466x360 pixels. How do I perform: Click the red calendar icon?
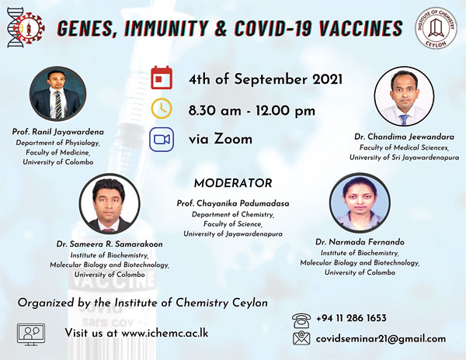point(162,78)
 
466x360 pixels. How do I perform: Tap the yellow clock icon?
point(162,109)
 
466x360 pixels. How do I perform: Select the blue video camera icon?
point(162,139)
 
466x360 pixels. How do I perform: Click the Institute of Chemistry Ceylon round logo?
point(436,28)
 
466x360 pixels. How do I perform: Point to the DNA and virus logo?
point(26,28)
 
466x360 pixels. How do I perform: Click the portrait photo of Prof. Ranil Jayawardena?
point(57,93)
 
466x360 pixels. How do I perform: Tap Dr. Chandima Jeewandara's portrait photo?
point(404,95)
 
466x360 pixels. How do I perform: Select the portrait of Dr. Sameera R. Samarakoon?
point(110,204)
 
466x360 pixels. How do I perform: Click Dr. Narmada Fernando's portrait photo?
point(360,202)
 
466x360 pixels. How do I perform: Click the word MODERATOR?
point(233,183)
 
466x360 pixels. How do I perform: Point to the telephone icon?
point(301,320)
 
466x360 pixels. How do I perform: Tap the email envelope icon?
point(301,338)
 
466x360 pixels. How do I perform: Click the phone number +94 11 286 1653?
point(351,318)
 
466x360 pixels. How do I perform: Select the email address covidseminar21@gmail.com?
point(381,339)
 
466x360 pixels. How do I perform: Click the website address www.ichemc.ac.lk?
point(165,333)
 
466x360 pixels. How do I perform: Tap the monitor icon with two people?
point(31,334)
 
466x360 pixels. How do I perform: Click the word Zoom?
point(233,139)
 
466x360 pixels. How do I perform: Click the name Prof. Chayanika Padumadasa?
point(233,203)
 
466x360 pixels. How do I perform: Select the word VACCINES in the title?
point(361,29)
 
